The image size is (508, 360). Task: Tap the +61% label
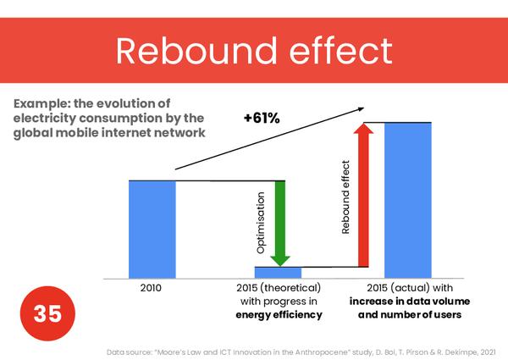pyautogui.click(x=261, y=118)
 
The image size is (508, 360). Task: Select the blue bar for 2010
pyautogui.click(x=152, y=229)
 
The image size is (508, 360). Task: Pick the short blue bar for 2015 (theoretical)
pyautogui.click(x=279, y=272)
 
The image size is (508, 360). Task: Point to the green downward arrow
pyautogui.click(x=280, y=222)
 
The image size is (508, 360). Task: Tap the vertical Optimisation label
pyautogui.click(x=261, y=224)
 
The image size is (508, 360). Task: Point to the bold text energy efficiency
pyautogui.click(x=279, y=316)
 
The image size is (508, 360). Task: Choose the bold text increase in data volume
pyautogui.click(x=409, y=302)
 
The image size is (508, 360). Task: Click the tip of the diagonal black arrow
pyautogui.click(x=364, y=108)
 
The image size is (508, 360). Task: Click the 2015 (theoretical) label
pyautogui.click(x=279, y=288)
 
